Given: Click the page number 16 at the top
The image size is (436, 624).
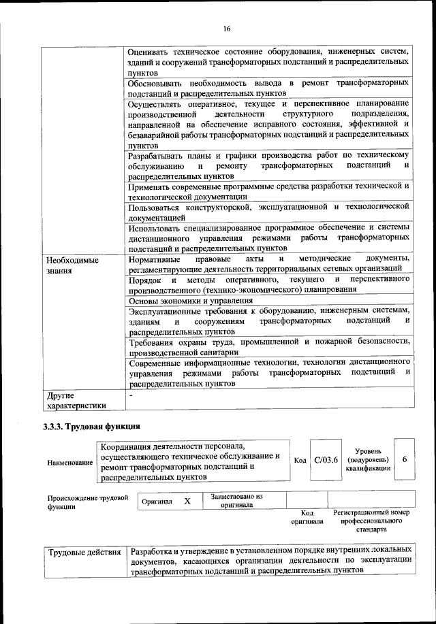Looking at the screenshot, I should tap(227, 28).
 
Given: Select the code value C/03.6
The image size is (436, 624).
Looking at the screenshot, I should tap(326, 460).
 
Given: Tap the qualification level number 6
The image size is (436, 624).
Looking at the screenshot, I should tap(405, 460).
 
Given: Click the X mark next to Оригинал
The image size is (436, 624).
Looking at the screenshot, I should tap(187, 501).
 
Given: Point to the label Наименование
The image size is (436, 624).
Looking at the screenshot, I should tap(70, 463).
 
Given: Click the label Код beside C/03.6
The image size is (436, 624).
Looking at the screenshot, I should tap(300, 461).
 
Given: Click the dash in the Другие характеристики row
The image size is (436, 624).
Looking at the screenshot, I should tap(131, 395).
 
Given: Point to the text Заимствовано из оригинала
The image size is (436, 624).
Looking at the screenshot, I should tap(237, 501).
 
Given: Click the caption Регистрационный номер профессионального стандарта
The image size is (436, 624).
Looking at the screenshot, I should tap(371, 521).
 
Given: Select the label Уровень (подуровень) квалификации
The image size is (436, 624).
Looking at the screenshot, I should tap(369, 460).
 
